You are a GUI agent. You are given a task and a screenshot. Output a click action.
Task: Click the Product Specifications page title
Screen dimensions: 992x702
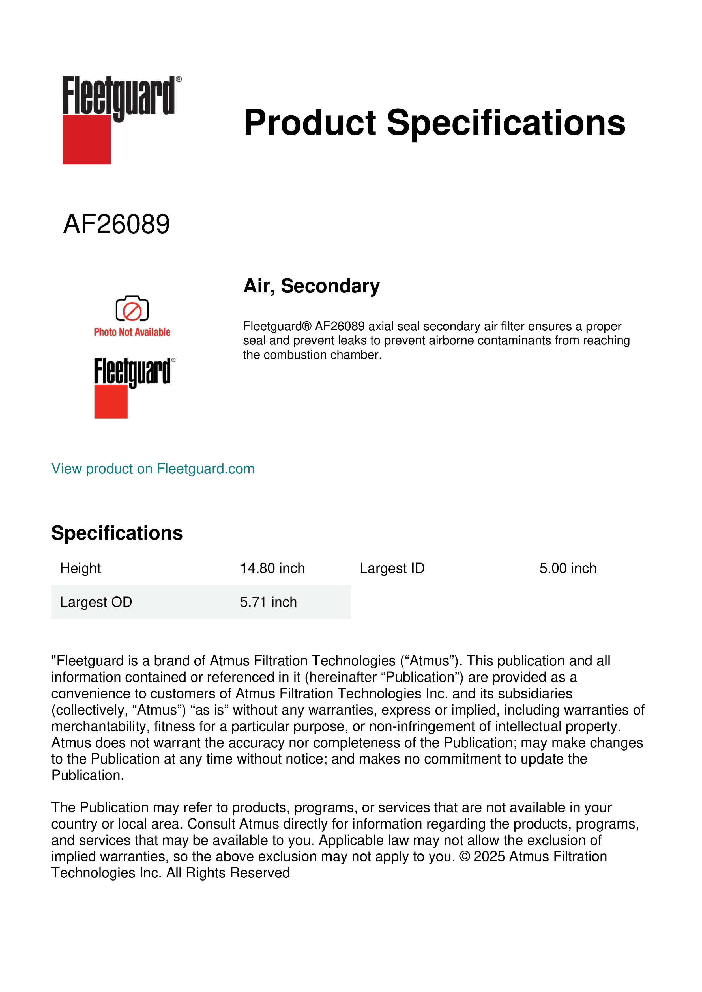[x=434, y=123]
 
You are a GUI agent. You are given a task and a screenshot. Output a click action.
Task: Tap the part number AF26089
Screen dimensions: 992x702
[x=117, y=224]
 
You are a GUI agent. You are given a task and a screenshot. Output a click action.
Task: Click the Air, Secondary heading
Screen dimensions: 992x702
[x=311, y=286]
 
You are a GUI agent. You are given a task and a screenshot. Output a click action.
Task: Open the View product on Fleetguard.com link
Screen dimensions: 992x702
[x=153, y=469]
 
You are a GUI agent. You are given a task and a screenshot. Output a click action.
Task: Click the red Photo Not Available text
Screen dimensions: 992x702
[x=132, y=332]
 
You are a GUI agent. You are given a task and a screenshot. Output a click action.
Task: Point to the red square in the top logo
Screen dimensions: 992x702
[x=87, y=140]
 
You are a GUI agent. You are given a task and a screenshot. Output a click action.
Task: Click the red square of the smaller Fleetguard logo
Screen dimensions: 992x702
[x=111, y=402]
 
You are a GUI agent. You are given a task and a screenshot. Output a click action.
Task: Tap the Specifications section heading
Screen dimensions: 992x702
[x=117, y=533]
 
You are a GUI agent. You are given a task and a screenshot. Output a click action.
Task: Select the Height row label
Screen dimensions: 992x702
[x=80, y=568]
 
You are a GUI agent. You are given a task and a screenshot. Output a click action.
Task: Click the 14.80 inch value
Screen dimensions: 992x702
[x=272, y=568]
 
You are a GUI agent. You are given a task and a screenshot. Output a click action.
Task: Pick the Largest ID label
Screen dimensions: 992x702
[x=392, y=568]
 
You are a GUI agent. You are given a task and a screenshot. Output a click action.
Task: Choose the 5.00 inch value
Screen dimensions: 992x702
[x=568, y=568]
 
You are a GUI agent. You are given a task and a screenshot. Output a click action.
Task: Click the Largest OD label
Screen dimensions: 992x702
[x=96, y=602]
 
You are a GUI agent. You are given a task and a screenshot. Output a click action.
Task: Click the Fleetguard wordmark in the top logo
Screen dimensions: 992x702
[x=119, y=96]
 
